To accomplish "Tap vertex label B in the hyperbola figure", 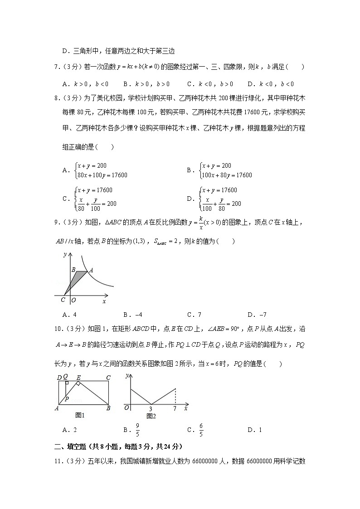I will (73, 270).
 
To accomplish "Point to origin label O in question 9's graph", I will (73, 300).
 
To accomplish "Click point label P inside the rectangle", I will (67, 398).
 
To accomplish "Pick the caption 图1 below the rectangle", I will (80, 415).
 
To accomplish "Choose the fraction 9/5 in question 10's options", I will (137, 430).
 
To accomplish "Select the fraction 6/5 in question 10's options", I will (201, 430).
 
